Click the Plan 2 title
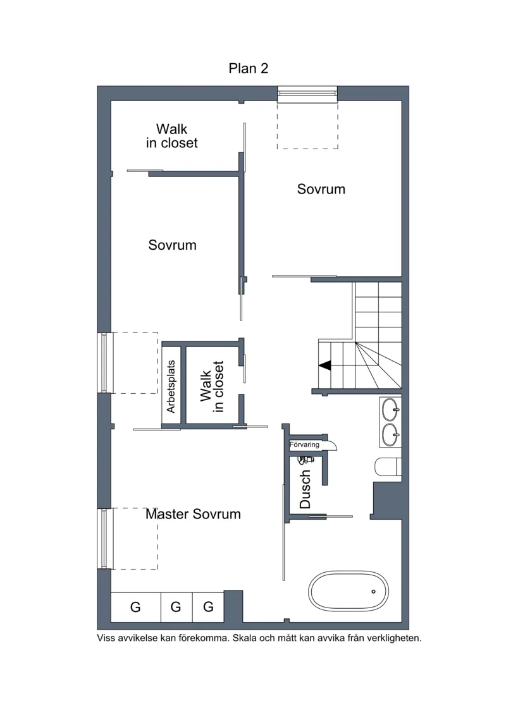coord(248,68)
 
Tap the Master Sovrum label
coord(193,514)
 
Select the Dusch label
coord(305,489)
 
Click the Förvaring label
coord(304,444)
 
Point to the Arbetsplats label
coord(171,387)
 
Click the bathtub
coord(349,591)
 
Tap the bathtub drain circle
coord(373,592)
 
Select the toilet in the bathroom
coord(388,467)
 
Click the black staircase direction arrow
coord(325,365)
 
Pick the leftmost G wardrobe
coord(135,607)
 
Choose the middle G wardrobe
coord(176,607)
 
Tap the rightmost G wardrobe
coord(208,607)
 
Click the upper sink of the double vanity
coord(390,410)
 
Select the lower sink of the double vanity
coord(390,435)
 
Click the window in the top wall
coord(307,94)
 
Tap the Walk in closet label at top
coord(172,136)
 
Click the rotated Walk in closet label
coord(212,387)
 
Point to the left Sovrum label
coord(173,245)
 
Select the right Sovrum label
coord(321,189)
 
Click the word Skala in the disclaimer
coord(245,638)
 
